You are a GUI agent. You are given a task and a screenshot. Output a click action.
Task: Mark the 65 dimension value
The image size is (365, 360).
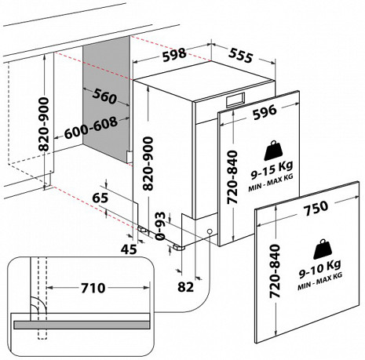click(100, 198)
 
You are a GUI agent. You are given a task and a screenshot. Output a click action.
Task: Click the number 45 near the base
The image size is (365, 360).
click(127, 249)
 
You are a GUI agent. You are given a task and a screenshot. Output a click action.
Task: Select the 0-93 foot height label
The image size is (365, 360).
click(160, 226)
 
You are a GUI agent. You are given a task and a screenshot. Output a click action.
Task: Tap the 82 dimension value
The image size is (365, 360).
click(185, 286)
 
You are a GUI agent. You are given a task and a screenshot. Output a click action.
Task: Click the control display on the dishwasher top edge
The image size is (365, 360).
click(235, 100)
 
